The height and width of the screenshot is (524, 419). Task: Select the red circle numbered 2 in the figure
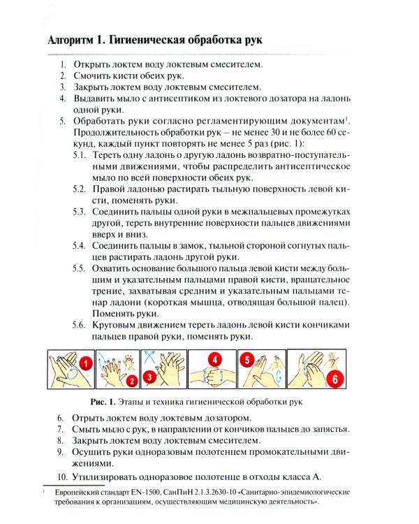pyautogui.click(x=131, y=381)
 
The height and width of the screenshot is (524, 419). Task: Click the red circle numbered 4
pyautogui.click(x=216, y=359)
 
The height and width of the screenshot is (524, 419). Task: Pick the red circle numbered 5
pyautogui.click(x=247, y=360)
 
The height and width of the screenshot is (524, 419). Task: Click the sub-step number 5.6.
pyautogui.click(x=80, y=325)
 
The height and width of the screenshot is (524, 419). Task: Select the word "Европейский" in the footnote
pyautogui.click(x=77, y=493)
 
